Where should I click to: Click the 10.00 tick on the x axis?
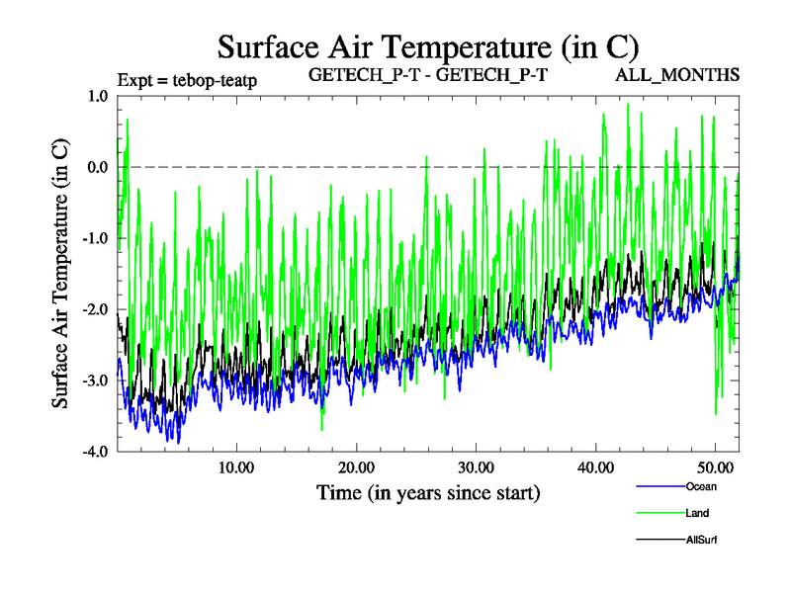coord(235,466)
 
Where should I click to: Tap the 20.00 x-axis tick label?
coord(355,466)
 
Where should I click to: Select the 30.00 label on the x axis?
coord(476,466)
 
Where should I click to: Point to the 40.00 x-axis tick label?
coord(595,466)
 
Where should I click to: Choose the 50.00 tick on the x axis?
coord(715,466)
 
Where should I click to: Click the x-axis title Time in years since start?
coord(428,491)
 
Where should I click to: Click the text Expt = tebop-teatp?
coord(187,79)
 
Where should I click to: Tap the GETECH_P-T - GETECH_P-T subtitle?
coord(428,75)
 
